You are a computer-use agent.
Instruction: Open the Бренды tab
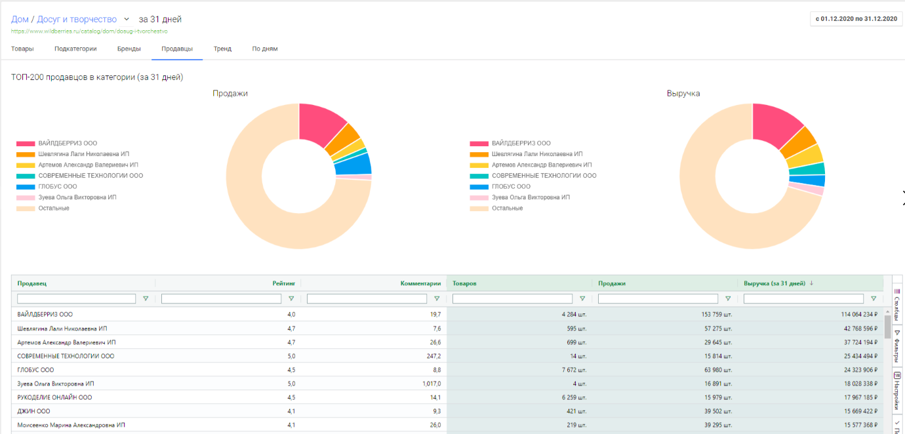coord(129,49)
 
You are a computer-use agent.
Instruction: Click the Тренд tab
coord(222,49)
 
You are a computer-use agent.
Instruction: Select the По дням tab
coord(265,49)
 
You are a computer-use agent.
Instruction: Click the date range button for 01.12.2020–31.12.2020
coord(856,18)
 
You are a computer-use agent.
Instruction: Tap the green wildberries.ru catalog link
coord(89,31)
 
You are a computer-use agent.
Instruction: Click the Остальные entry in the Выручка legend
coord(507,208)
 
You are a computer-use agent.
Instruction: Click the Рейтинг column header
coord(284,283)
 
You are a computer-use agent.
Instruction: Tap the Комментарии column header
coord(420,283)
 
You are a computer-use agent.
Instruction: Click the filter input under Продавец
coord(76,298)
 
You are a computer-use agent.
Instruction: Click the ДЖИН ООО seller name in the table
coord(33,411)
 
